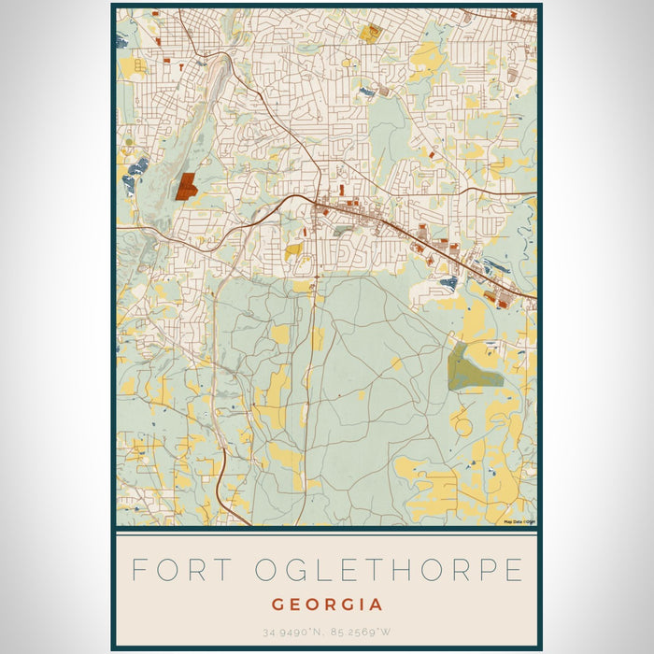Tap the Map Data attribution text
tap(519, 522)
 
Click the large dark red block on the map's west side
tap(185, 186)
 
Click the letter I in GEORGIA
tap(363, 604)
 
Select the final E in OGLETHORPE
tap(514, 570)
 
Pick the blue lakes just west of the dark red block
tap(135, 173)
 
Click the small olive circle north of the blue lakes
tap(129, 142)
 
